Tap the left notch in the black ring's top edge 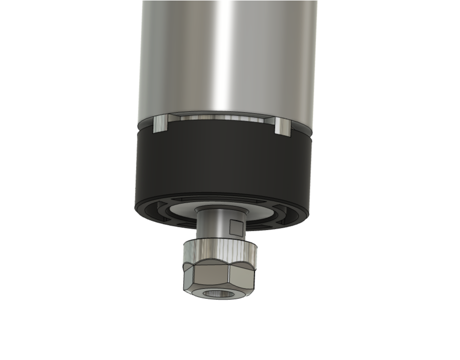(161, 125)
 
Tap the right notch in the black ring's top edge (282, 126)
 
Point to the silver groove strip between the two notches (221, 117)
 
